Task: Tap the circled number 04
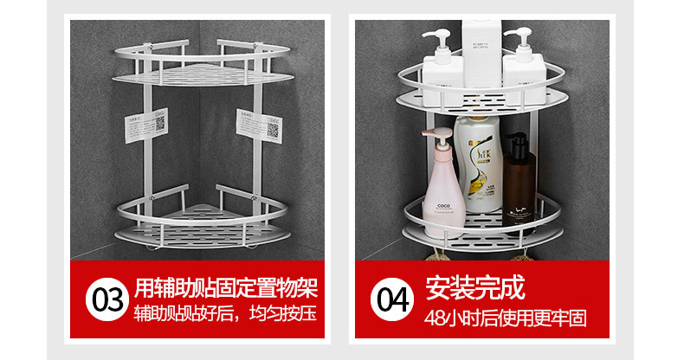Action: coord(392,302)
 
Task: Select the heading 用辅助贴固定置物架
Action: coord(226,286)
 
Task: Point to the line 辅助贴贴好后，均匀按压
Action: coord(226,314)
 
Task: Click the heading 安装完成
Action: coord(475,286)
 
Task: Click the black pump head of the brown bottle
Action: coord(515,139)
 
